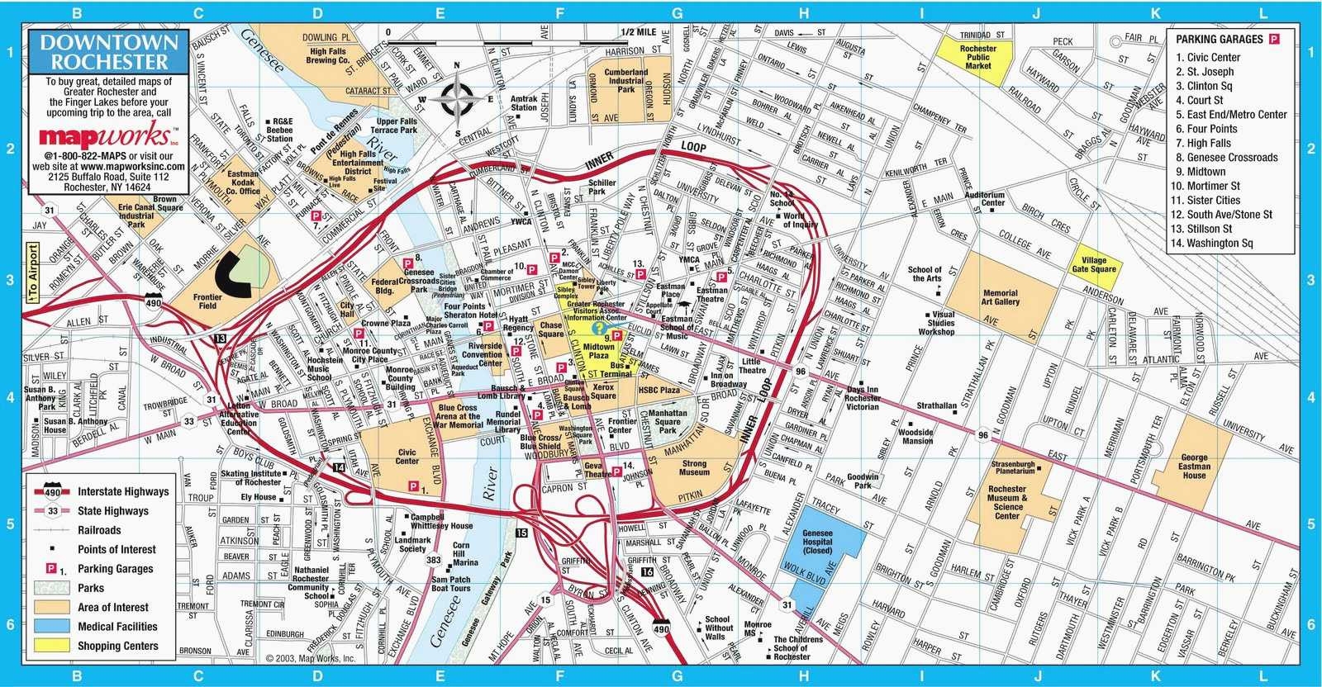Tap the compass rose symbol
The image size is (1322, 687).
pyautogui.click(x=457, y=100)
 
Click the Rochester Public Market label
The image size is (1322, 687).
pyautogui.click(x=978, y=57)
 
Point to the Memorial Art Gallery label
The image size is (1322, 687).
pyautogui.click(x=1001, y=298)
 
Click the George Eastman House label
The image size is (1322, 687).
pyautogui.click(x=1194, y=467)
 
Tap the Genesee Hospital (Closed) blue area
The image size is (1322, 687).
pyautogui.click(x=817, y=542)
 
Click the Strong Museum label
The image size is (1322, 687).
pyautogui.click(x=694, y=468)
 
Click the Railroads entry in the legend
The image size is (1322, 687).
pyautogui.click(x=99, y=530)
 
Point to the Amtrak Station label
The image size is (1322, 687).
pyautogui.click(x=523, y=102)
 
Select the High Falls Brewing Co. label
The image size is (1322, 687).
pyautogui.click(x=327, y=56)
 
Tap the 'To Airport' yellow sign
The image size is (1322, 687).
pyautogui.click(x=32, y=272)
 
